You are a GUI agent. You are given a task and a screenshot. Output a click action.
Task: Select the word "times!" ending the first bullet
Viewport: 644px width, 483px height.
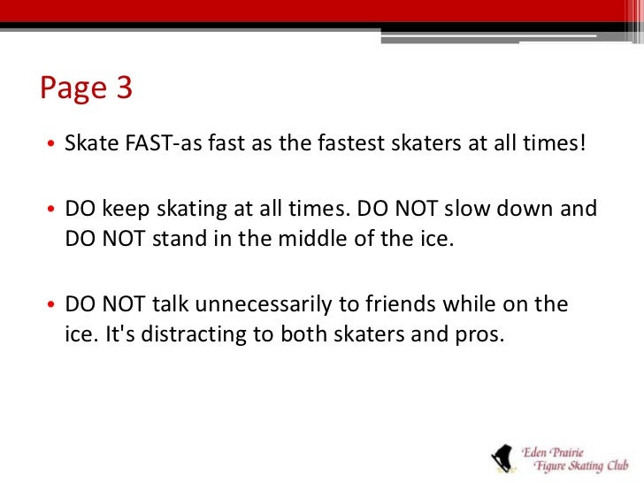pos(557,143)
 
